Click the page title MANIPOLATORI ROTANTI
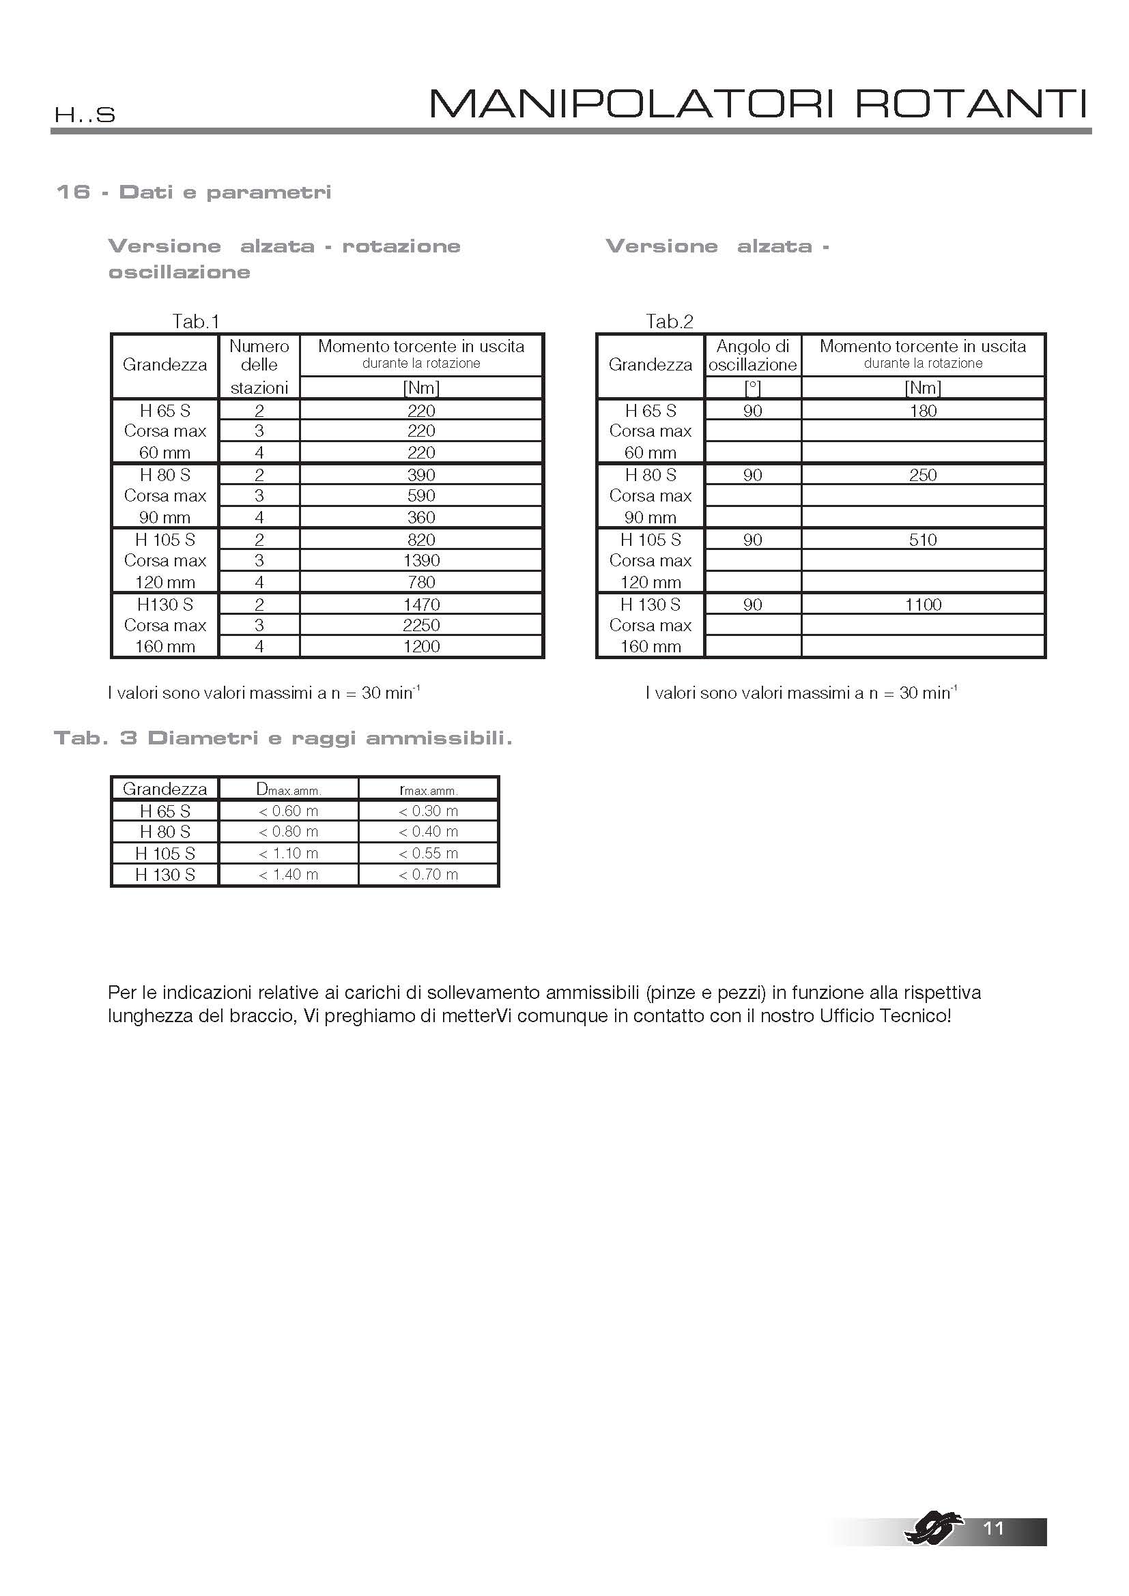758,104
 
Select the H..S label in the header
85,115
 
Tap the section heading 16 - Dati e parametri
193,192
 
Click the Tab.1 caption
195,321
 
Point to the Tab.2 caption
669,321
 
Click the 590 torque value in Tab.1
421,495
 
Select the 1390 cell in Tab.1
421,560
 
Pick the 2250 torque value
421,625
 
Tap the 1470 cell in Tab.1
421,604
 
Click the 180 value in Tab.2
924,411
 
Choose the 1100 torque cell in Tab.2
924,604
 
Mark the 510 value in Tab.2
924,540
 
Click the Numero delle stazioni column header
259,366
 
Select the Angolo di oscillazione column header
753,356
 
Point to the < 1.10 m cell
289,853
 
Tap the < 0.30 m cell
428,811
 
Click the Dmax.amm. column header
289,789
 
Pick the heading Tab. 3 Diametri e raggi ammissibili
283,738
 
